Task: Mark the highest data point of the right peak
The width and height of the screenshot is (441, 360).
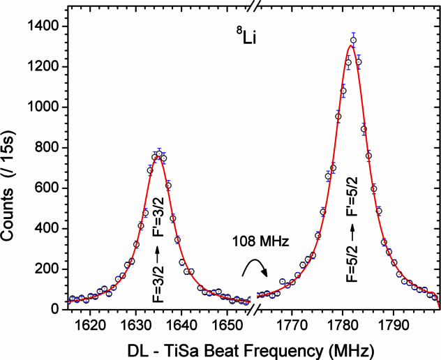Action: pos(353,40)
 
